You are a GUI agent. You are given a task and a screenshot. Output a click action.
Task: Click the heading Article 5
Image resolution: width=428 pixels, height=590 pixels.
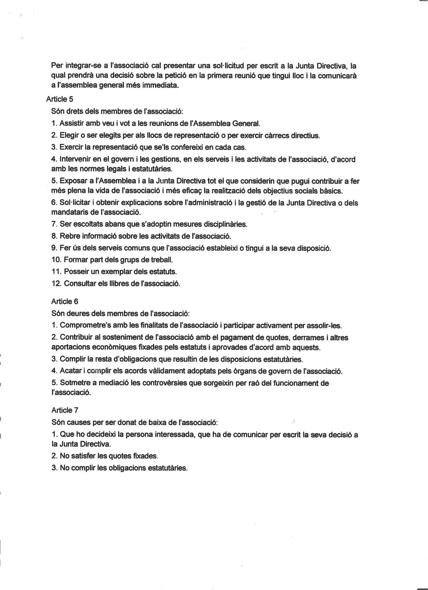60,99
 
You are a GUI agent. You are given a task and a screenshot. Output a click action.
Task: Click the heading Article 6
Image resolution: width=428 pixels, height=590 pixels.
65,302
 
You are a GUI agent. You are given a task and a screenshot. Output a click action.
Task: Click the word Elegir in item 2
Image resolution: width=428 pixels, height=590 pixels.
68,136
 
